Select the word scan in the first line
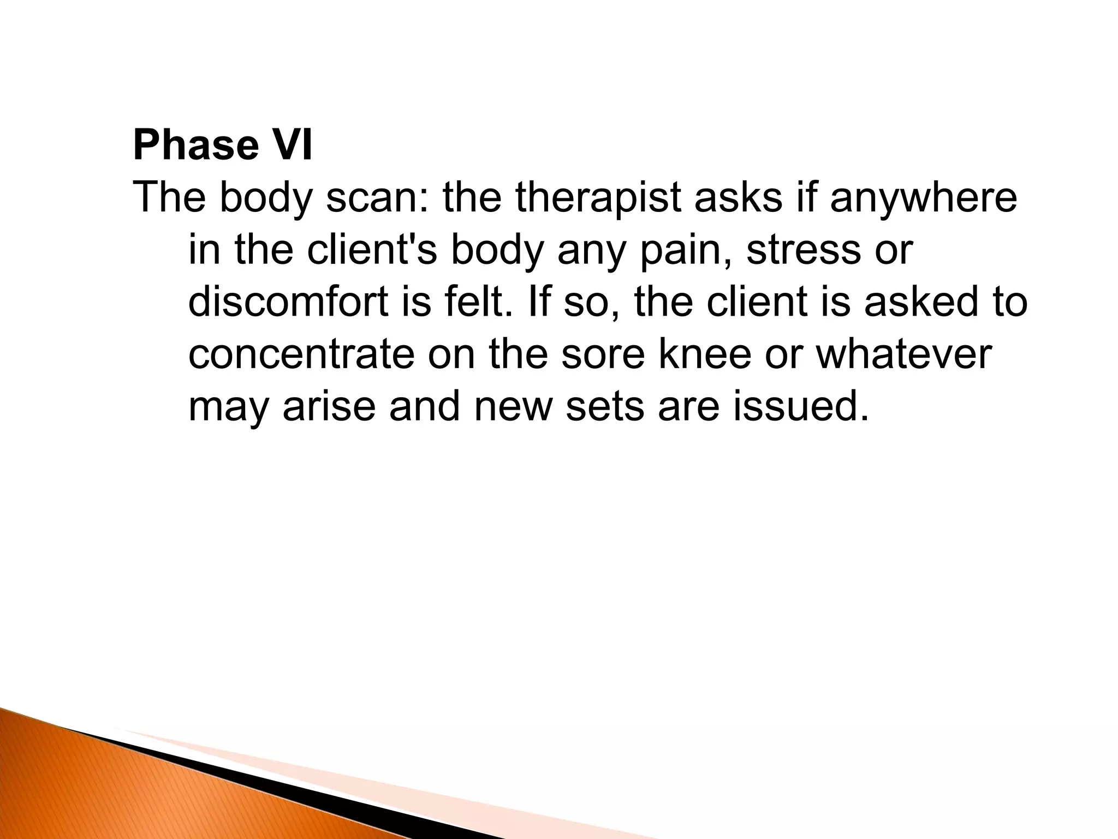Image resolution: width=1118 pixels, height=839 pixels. (376, 198)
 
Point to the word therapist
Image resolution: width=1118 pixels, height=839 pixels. (598, 198)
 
